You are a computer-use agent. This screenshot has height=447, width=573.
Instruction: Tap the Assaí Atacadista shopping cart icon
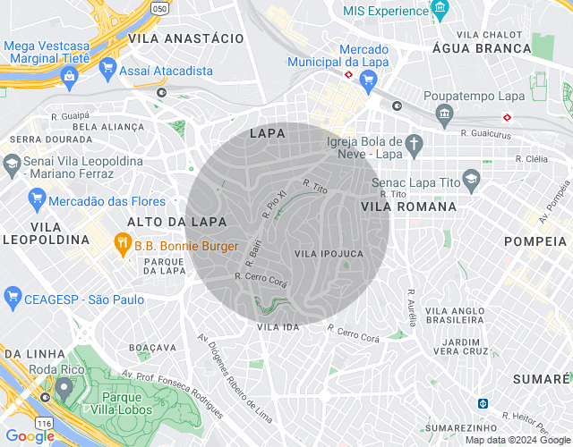(108, 68)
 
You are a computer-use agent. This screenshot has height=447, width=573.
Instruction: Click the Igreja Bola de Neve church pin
(413, 142)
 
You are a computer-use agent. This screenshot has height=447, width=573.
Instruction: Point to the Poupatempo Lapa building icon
(444, 113)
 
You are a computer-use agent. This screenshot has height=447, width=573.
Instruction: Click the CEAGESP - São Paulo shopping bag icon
(13, 296)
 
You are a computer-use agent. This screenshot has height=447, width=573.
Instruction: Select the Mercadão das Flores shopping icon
(37, 198)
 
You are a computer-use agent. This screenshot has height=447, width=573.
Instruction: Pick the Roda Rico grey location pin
(64, 389)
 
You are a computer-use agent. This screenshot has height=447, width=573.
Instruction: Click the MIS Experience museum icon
(439, 11)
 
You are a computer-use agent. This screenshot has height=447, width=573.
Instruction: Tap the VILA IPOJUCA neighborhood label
(329, 254)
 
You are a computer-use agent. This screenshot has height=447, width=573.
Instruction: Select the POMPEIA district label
(536, 241)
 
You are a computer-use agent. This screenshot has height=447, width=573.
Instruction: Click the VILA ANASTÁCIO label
(186, 39)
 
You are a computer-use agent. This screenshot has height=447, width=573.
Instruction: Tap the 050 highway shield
(159, 8)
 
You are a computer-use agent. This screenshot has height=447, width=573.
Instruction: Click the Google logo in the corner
(30, 436)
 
